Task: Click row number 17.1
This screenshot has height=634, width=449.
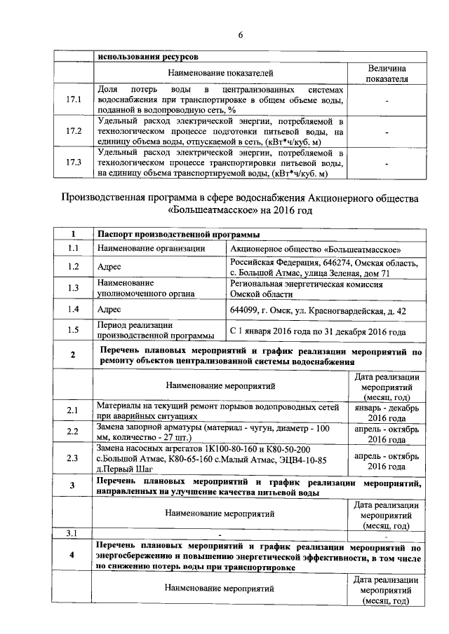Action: pyautogui.click(x=74, y=101)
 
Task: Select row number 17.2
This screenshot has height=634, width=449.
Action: pyautogui.click(x=74, y=131)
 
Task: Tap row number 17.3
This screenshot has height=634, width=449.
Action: pyautogui.click(x=74, y=163)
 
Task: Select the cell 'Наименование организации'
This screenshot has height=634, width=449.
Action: pyautogui.click(x=151, y=249)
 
